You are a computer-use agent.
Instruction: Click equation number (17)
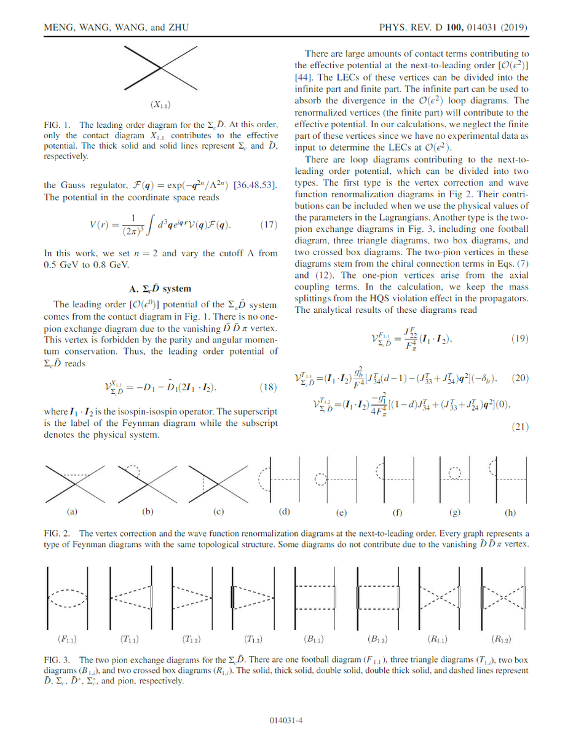[x=269, y=225]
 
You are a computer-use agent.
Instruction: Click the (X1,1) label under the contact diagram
[x=160, y=105]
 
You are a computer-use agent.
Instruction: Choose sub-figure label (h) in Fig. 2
[x=510, y=512]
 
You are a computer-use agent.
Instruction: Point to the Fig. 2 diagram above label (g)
[x=454, y=479]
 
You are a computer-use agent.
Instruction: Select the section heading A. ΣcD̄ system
[x=160, y=288]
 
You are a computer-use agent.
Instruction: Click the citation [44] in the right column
[x=306, y=77]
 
